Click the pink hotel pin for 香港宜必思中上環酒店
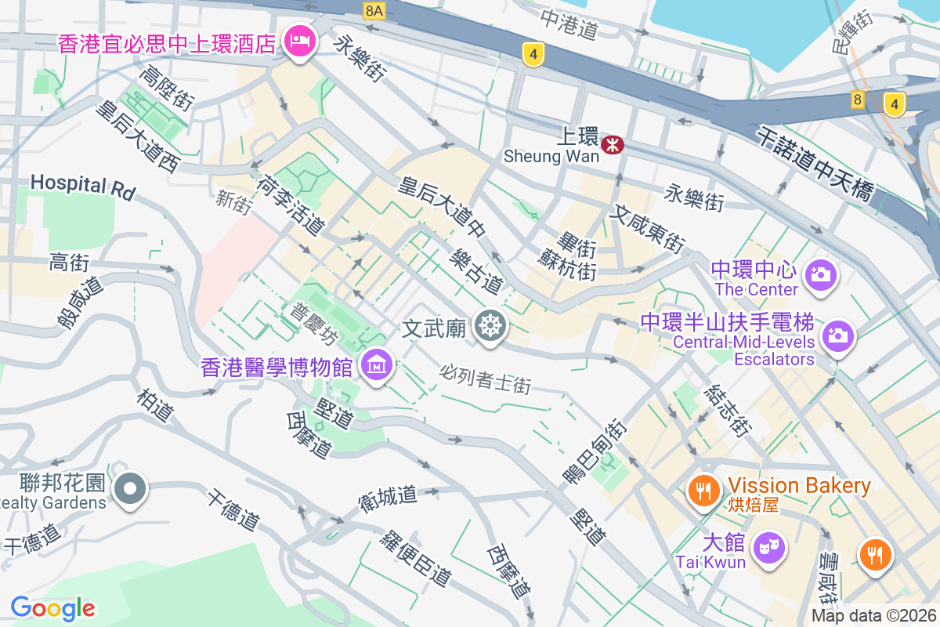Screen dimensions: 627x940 point(298,40)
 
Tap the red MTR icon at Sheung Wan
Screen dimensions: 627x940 point(612,144)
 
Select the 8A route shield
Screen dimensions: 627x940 point(375,10)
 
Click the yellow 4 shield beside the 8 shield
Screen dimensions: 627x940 point(894,103)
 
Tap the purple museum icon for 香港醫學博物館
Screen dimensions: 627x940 point(377,364)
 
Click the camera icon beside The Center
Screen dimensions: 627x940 point(820,274)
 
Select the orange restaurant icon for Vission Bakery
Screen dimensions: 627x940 point(703,491)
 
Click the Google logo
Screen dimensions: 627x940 point(52,607)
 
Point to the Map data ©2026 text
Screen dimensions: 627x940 point(873,616)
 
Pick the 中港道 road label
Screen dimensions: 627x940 point(569,26)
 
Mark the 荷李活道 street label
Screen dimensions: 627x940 point(290,205)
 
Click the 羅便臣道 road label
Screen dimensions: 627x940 point(416,557)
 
